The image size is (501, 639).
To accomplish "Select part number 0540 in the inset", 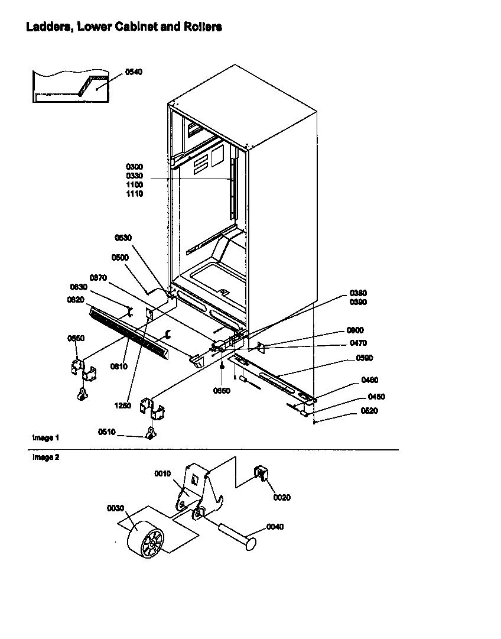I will pyautogui.click(x=134, y=72).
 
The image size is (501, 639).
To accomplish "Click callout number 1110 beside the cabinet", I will pyautogui.click(x=134, y=194).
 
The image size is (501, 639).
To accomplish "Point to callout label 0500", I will pyautogui.click(x=120, y=258).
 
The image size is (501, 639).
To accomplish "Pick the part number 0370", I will pyautogui.click(x=98, y=277).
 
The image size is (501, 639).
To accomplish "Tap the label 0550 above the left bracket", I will pyautogui.click(x=76, y=338).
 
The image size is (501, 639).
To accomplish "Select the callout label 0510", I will pyautogui.click(x=107, y=432).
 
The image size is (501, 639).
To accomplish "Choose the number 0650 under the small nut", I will pyautogui.click(x=221, y=391).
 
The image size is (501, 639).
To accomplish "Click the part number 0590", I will pyautogui.click(x=364, y=358).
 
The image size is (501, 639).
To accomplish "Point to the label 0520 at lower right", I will pyautogui.click(x=370, y=411).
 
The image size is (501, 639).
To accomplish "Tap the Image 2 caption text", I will pyautogui.click(x=45, y=457).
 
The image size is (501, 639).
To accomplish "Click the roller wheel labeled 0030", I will pyautogui.click(x=145, y=540).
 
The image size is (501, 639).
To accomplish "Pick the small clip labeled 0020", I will pyautogui.click(x=261, y=473).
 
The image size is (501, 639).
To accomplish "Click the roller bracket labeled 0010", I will pyautogui.click(x=199, y=488).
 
